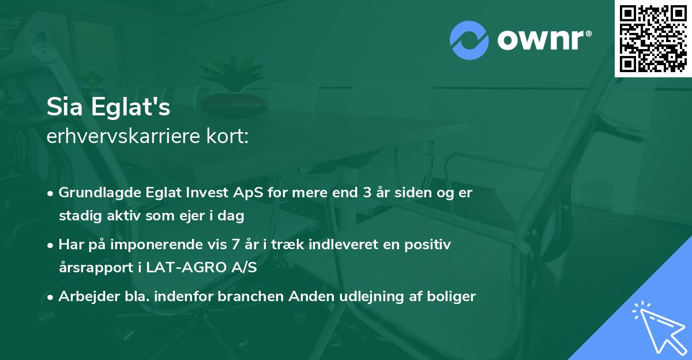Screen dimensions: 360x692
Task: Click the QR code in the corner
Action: pos(653,38)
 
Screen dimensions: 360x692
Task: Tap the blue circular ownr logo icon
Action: pos(469,40)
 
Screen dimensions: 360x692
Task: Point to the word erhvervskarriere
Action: pos(118,137)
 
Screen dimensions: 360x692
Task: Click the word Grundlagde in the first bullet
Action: pos(94,193)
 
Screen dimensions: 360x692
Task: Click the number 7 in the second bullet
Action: pos(235,245)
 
